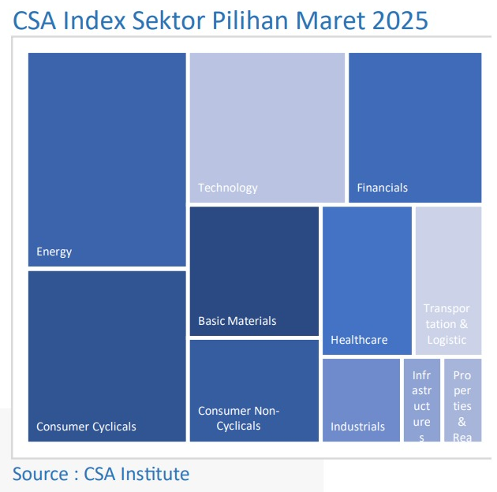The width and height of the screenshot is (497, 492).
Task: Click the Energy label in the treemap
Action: click(x=54, y=252)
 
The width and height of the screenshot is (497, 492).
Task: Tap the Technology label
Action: click(x=228, y=188)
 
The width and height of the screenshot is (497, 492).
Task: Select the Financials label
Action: click(x=382, y=188)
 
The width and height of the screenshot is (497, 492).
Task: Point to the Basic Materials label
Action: click(x=237, y=321)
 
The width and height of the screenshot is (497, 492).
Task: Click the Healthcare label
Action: click(x=359, y=340)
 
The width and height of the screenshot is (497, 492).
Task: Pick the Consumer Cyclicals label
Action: click(x=86, y=427)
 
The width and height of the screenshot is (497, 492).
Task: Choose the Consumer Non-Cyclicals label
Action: click(x=238, y=418)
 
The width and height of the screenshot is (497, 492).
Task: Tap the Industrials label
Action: click(x=357, y=427)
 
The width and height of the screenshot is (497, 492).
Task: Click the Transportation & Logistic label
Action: click(x=447, y=324)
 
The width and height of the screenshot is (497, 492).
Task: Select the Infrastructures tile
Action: click(x=422, y=400)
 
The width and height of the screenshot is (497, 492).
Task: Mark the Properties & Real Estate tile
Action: click(x=462, y=400)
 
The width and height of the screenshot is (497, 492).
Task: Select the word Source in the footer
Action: click(x=39, y=474)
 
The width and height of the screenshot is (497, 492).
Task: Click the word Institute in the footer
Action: click(x=155, y=474)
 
